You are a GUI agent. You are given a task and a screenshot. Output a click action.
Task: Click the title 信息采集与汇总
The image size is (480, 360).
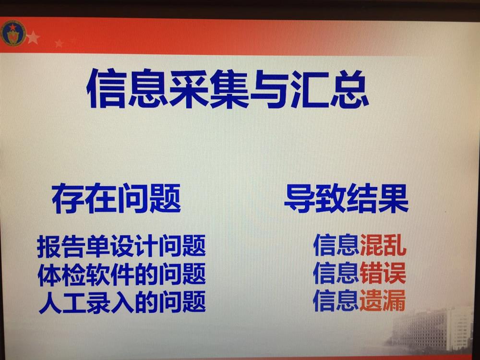228,89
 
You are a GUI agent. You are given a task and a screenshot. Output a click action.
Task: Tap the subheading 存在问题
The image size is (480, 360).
116,198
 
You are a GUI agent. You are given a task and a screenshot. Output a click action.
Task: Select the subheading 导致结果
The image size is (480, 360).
346,198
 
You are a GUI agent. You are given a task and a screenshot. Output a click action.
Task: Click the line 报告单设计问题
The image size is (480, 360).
121,246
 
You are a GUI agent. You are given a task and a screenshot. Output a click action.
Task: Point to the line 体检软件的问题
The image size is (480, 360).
121,274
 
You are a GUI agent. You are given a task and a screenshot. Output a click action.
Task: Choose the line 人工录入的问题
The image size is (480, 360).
122,302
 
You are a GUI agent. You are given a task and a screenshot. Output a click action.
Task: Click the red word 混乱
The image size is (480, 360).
383,245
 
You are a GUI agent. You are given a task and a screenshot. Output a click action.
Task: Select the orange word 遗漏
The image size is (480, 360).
383,300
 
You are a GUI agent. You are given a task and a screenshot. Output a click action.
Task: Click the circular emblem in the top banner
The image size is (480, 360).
13,34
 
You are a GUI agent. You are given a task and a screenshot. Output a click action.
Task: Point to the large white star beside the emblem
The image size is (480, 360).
33,38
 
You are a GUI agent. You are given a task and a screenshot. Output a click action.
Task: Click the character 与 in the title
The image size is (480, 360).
269,89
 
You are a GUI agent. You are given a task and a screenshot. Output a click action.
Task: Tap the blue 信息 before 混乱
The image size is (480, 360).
336,245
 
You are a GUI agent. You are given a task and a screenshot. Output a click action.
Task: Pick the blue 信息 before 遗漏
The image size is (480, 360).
336,300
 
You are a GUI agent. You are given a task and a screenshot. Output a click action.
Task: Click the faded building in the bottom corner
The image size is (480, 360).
435,329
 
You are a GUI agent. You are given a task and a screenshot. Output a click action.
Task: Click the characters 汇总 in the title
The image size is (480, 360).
330,89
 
